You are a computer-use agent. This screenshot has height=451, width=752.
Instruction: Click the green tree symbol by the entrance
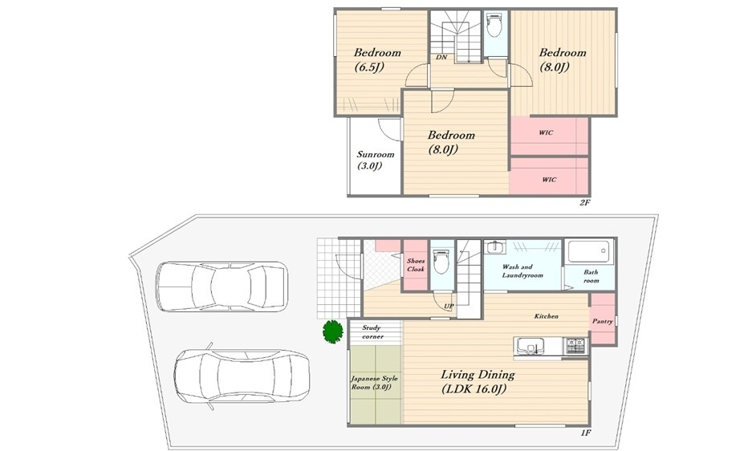tap(332, 331)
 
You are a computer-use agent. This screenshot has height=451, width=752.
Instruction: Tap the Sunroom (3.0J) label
tap(375, 160)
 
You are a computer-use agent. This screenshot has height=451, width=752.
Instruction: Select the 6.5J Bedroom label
tap(377, 59)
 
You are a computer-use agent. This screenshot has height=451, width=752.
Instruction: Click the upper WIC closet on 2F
tap(549, 136)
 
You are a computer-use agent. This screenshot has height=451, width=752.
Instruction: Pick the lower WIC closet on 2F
tap(549, 177)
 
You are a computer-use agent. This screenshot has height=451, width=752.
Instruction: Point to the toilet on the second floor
tap(494, 24)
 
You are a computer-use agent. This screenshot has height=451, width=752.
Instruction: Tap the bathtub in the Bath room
tap(589, 251)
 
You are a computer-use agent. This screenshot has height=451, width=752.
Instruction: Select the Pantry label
tap(603, 321)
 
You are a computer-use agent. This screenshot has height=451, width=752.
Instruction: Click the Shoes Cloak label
tap(416, 265)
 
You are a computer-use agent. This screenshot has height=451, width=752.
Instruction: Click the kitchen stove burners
tap(576, 344)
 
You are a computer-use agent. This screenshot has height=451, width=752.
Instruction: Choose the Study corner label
tap(372, 332)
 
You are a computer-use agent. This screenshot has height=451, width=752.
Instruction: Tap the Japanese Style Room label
tap(374, 383)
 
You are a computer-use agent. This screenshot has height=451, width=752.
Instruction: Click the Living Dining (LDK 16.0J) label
tap(478, 381)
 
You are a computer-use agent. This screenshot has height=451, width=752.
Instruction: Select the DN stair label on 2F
tap(441, 57)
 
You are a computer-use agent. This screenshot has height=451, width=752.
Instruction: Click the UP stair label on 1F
tap(449, 306)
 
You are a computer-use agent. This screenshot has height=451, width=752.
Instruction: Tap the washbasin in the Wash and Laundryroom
tap(494, 247)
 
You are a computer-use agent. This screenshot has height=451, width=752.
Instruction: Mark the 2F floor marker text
tap(584, 202)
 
